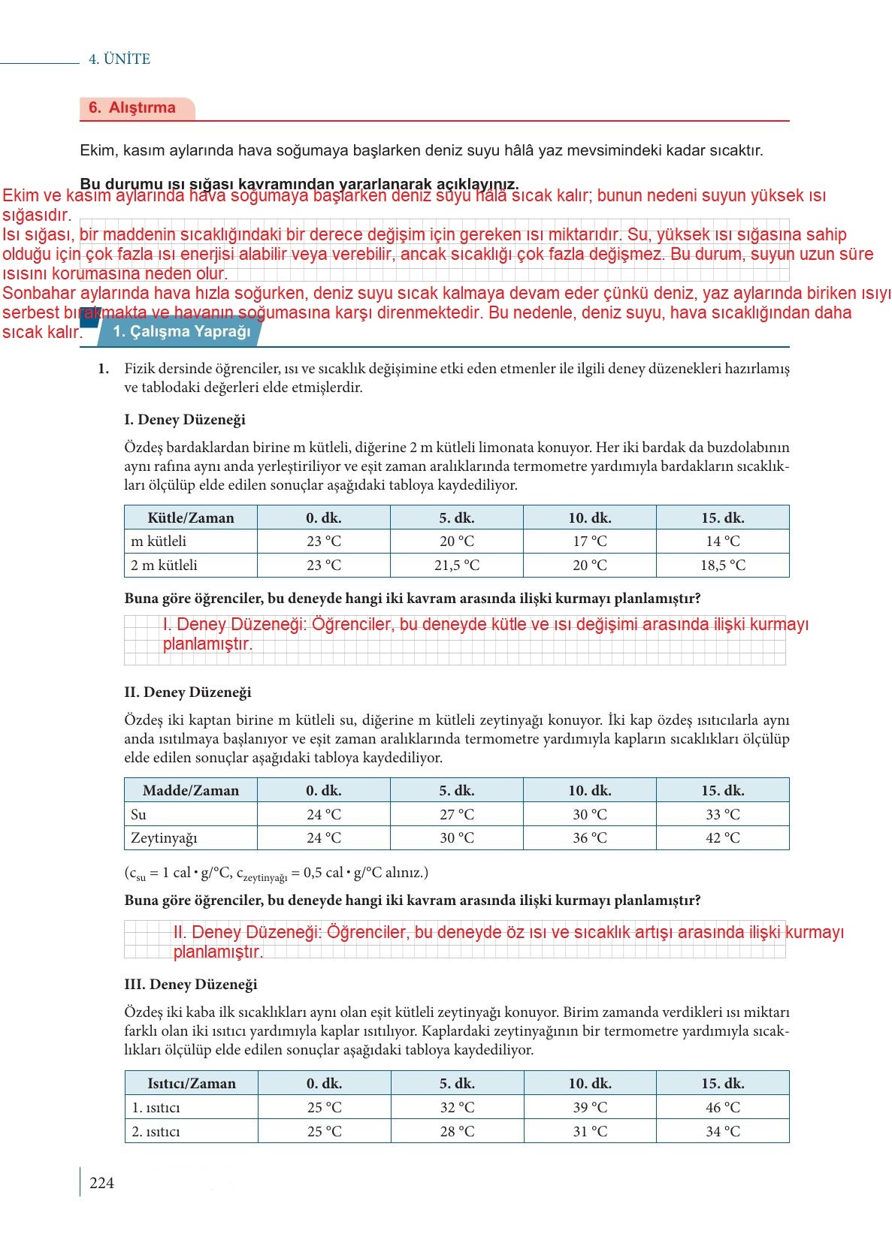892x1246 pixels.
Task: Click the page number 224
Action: coord(101,1183)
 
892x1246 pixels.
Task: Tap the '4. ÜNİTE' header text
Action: coord(119,59)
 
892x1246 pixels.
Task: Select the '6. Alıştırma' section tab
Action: coord(132,108)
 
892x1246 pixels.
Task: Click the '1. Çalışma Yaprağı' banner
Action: coord(181,332)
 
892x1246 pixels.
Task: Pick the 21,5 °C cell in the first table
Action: coord(457,565)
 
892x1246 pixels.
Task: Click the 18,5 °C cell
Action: coord(723,565)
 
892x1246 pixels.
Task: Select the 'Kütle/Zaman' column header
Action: coord(191,517)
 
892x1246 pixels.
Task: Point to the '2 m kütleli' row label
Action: coord(164,565)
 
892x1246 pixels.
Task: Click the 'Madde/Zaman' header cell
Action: coord(191,790)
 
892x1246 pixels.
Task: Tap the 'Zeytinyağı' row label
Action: coord(164,837)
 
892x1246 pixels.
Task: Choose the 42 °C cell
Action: coord(723,837)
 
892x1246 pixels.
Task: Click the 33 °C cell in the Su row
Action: coord(723,814)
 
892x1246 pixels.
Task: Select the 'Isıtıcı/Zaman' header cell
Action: coord(192,1083)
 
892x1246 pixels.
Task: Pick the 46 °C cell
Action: coord(723,1107)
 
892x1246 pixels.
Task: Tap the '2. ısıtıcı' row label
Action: coord(156,1131)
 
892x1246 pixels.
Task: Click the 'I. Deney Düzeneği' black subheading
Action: coord(185,420)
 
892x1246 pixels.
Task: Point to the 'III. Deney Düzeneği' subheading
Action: coord(191,984)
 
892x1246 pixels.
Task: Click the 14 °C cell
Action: coord(723,541)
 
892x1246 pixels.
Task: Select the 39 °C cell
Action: coord(590,1107)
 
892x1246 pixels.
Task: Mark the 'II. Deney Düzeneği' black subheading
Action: coord(188,692)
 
